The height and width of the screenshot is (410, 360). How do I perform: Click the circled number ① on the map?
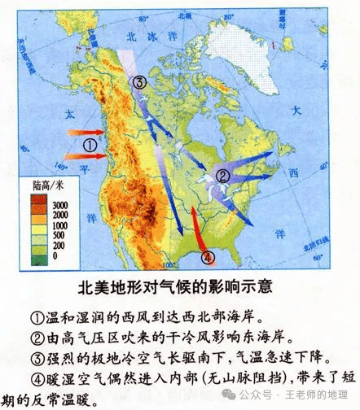[91, 146]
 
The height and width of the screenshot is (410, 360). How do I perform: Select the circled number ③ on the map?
[140, 82]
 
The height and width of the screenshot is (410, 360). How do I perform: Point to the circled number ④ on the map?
[209, 258]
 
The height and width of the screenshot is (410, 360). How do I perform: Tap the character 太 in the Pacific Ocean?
[71, 115]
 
